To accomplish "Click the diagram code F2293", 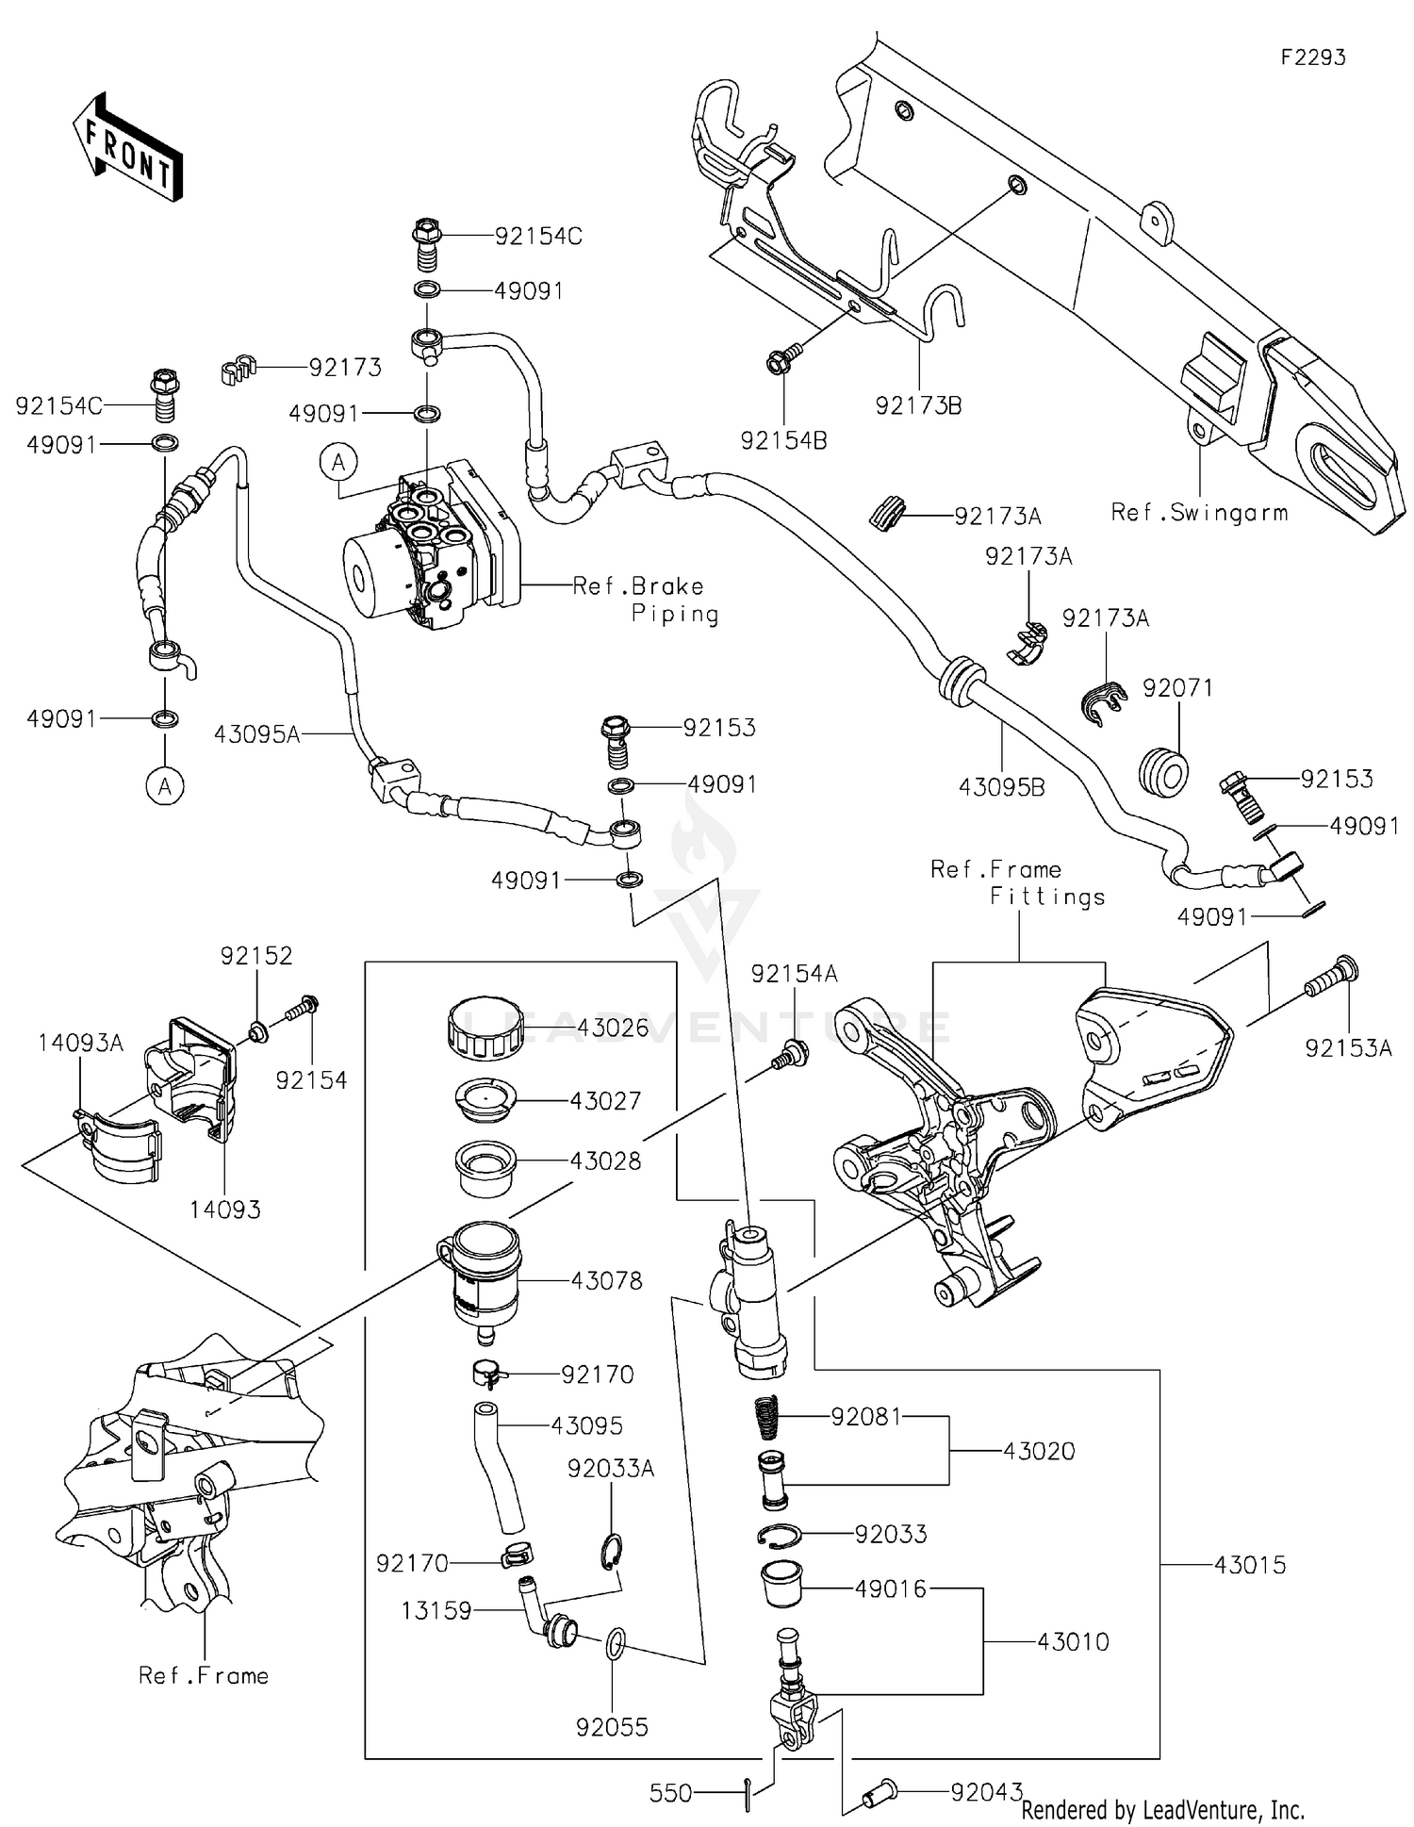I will point(1312,58).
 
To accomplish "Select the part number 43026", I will point(613,1028).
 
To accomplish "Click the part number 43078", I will point(606,1280).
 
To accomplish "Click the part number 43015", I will point(1249,1566).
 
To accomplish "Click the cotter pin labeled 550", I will point(747,1792).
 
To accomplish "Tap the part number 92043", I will point(986,1792).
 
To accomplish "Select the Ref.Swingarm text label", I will point(1199,513).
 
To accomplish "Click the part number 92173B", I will point(918,406).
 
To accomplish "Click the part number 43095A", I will point(256,733).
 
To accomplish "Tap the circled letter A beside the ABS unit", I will point(339,462).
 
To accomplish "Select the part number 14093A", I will point(81,1043).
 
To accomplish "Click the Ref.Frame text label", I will point(204,1675).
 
